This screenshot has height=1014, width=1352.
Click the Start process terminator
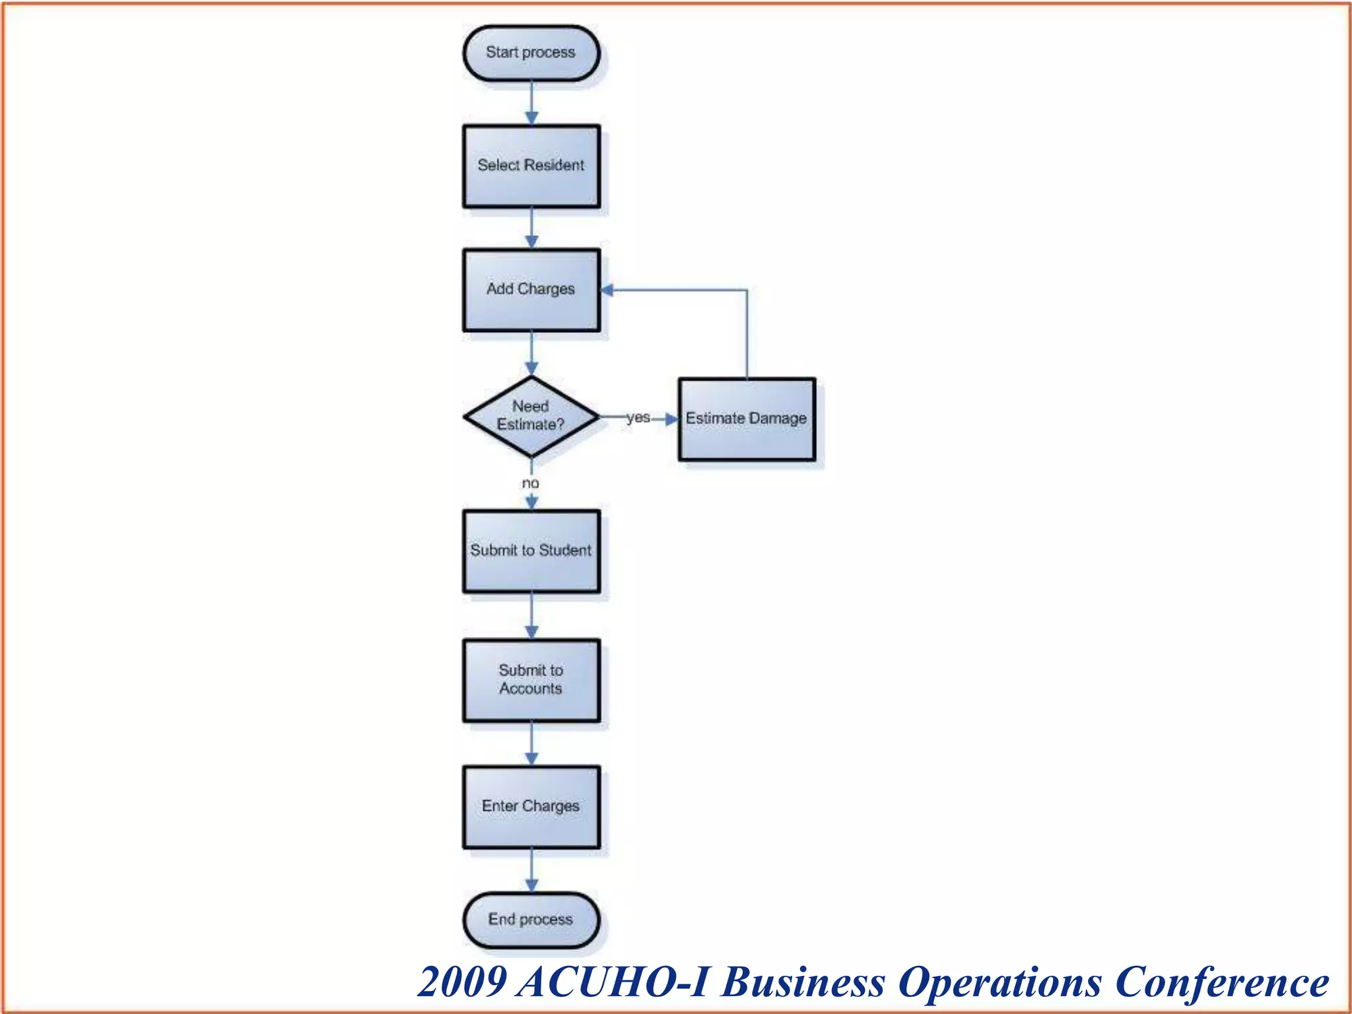pos(531,53)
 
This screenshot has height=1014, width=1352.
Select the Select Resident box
pos(531,166)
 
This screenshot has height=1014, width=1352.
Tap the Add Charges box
pos(531,290)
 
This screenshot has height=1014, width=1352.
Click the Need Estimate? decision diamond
pos(531,417)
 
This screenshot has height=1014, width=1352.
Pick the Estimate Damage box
pos(747,419)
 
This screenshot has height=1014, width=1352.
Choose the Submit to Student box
pos(531,551)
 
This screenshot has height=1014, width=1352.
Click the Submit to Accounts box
pos(531,680)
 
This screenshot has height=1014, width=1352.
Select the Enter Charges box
pos(531,807)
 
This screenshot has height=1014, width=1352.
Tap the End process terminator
pos(531,920)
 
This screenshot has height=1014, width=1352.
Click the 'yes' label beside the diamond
pos(638,417)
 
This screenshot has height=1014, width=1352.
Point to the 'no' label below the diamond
pos(531,483)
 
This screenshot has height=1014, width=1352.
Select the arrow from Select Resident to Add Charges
pos(531,228)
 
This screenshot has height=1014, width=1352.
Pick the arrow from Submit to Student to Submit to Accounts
pos(531,615)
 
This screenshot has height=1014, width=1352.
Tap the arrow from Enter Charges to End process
pos(531,870)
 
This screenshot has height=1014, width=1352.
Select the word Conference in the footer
pos(1221,982)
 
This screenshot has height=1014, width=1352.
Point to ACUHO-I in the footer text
pos(614,982)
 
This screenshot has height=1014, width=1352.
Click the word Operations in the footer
pos(1000,982)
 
